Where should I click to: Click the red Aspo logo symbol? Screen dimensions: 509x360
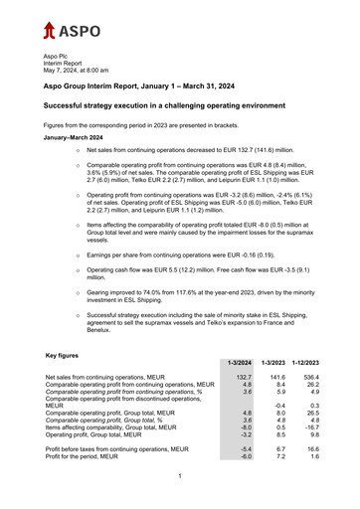point(50,30)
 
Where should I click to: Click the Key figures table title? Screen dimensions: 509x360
point(66,354)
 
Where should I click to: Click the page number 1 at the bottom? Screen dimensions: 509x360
point(180,476)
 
